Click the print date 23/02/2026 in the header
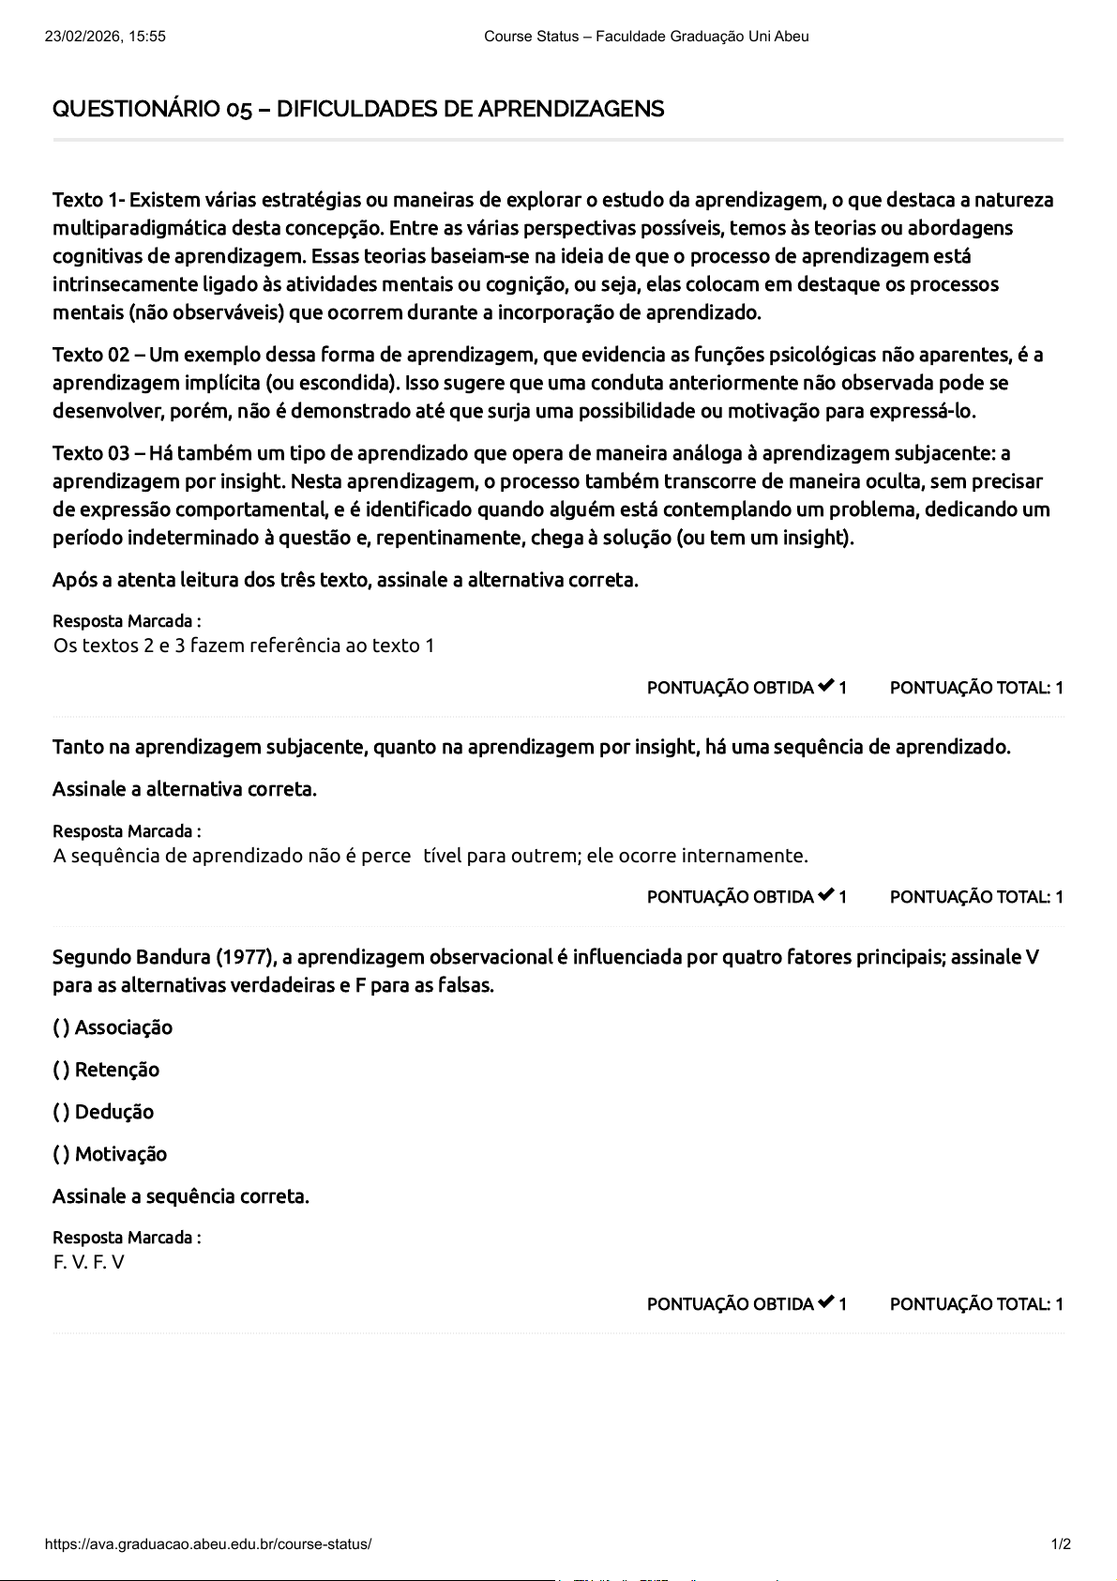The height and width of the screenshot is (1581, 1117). [80, 37]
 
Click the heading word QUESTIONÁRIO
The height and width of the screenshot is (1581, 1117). [136, 110]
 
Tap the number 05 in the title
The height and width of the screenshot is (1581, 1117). [239, 110]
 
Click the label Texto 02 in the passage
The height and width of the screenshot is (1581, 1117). [91, 355]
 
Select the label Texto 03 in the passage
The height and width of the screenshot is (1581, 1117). [91, 453]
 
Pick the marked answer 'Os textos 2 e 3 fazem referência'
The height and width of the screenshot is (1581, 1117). [244, 646]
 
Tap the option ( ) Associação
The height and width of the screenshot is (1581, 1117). [113, 1027]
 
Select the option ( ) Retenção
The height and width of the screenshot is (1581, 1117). [106, 1070]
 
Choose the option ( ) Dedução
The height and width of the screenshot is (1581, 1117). [103, 1112]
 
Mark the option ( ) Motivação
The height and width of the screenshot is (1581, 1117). [110, 1154]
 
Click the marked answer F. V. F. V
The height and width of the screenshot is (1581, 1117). [89, 1262]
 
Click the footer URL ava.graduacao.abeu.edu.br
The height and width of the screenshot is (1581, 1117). [208, 1544]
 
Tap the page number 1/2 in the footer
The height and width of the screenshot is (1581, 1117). [1061, 1544]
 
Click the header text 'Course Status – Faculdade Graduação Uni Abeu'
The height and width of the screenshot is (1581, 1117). [646, 37]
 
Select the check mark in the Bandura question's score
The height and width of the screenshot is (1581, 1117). [825, 1302]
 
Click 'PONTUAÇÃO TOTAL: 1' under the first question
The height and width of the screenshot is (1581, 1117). [976, 688]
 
